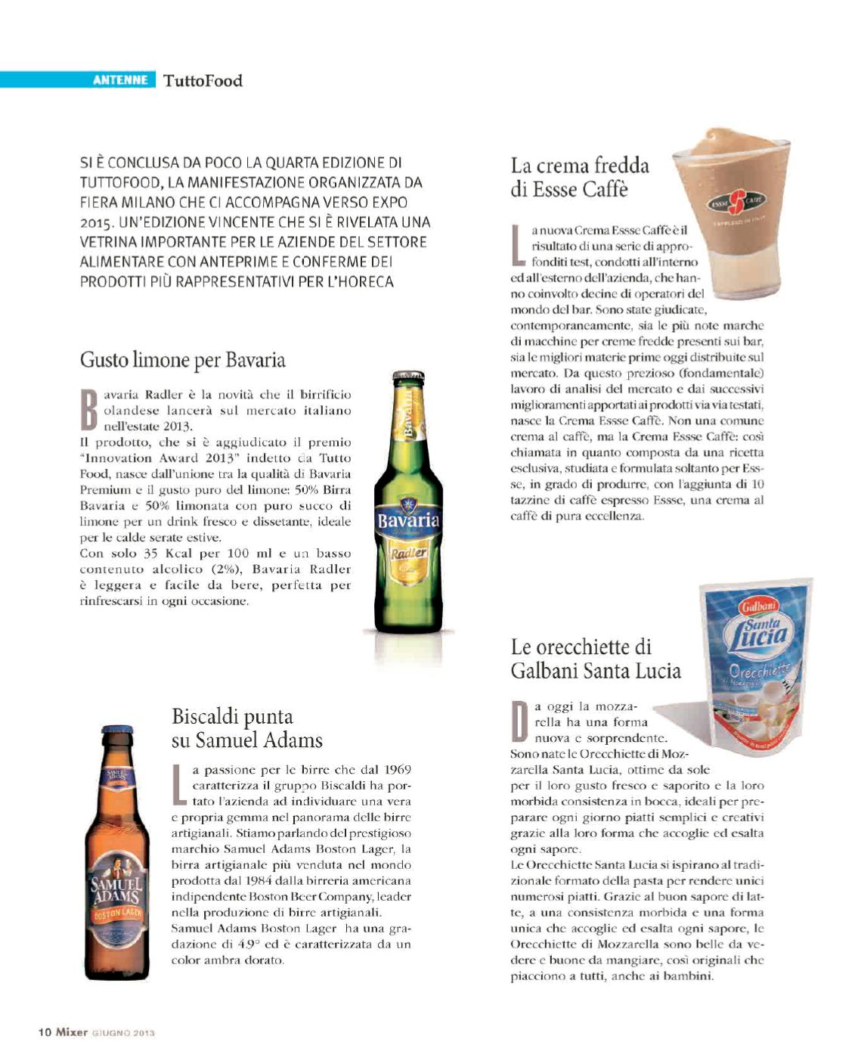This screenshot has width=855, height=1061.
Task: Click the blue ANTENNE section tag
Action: [119, 80]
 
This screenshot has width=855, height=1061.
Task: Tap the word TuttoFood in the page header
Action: [203, 81]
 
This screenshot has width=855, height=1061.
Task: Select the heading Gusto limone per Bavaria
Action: [183, 359]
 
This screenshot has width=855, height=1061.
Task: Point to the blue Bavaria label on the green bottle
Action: [409, 520]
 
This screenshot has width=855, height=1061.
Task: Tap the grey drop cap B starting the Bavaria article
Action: [90, 411]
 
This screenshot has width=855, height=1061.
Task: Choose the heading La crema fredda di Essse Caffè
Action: [580, 177]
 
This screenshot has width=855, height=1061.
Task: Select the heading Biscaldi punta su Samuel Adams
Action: [246, 728]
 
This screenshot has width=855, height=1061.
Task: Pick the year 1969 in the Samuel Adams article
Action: [397, 770]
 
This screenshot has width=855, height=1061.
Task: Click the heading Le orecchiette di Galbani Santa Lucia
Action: [595, 659]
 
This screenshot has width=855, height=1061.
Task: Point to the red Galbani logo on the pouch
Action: [760, 607]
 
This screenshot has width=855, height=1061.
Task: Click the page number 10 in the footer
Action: [45, 1032]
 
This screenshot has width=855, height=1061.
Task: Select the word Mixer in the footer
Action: [72, 1032]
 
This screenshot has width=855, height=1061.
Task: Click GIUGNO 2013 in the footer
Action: [123, 1033]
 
